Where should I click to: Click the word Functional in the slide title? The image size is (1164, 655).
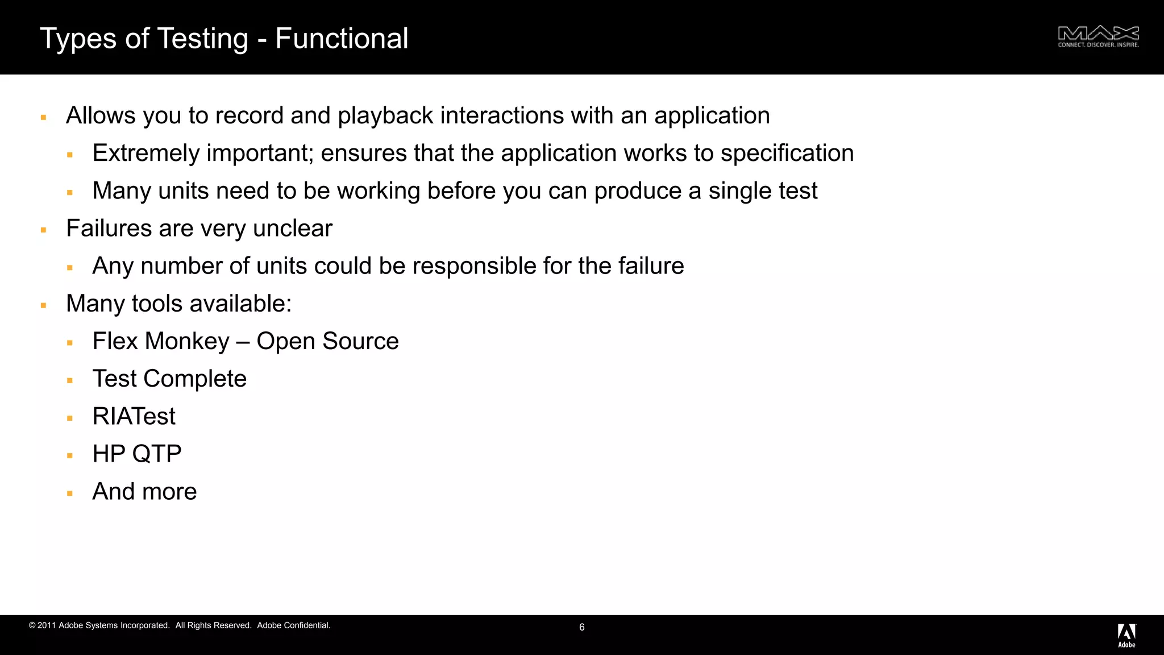(x=342, y=39)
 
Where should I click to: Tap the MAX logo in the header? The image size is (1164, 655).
(x=1098, y=36)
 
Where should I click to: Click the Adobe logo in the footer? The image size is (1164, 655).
(x=1126, y=635)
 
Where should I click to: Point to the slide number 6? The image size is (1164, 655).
(x=582, y=627)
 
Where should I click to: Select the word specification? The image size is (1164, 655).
(x=787, y=154)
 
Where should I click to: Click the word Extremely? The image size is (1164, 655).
(x=146, y=154)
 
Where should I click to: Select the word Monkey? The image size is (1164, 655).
(x=187, y=342)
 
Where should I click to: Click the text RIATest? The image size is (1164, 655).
(x=134, y=417)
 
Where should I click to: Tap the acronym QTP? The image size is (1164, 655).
(x=157, y=454)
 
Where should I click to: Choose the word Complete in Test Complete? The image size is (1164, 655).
(x=195, y=379)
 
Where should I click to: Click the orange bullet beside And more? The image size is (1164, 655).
(x=70, y=493)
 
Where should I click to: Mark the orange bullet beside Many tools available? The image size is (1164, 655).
(x=43, y=305)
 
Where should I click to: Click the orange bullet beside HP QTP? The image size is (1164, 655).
(x=70, y=455)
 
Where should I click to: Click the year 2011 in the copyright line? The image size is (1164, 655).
(x=47, y=625)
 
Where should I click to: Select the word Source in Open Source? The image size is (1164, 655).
(x=360, y=342)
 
